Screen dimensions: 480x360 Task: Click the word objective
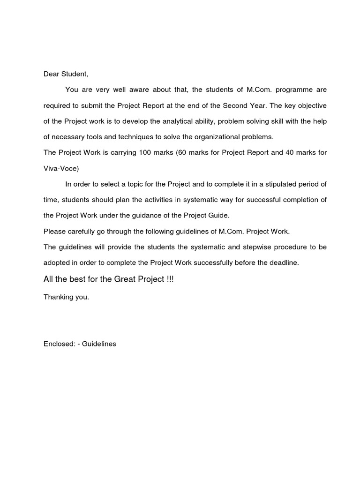(311, 105)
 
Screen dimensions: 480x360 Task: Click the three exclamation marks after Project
(170, 279)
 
